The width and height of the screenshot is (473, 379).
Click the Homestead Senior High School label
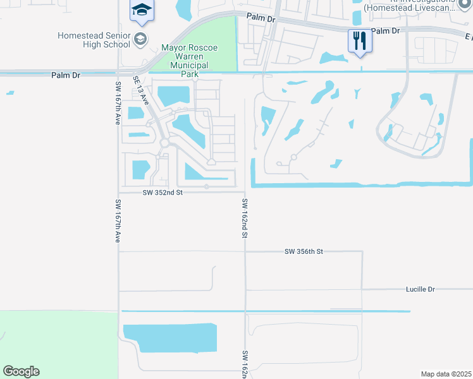tap(94, 40)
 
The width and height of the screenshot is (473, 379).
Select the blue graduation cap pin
tap(142, 9)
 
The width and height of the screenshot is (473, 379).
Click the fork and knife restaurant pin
tap(359, 41)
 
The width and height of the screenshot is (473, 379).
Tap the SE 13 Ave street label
tap(140, 91)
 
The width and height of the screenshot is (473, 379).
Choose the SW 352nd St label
tap(163, 193)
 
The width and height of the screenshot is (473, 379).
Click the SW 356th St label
tap(304, 251)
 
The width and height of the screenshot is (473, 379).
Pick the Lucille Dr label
tap(421, 289)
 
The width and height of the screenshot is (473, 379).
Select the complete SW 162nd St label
tap(244, 218)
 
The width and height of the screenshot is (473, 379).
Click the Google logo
tap(21, 371)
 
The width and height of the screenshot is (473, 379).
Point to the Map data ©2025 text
tap(445, 374)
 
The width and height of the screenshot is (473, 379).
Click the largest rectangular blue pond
tap(169, 338)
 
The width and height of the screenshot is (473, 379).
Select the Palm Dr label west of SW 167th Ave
tap(66, 75)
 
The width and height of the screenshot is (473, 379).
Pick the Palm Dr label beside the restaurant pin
tap(386, 30)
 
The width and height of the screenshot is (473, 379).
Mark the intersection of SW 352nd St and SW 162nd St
tap(245, 192)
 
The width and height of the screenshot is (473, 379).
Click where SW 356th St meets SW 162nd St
tap(245, 251)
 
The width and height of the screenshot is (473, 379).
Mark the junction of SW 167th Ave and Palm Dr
tap(118, 73)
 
